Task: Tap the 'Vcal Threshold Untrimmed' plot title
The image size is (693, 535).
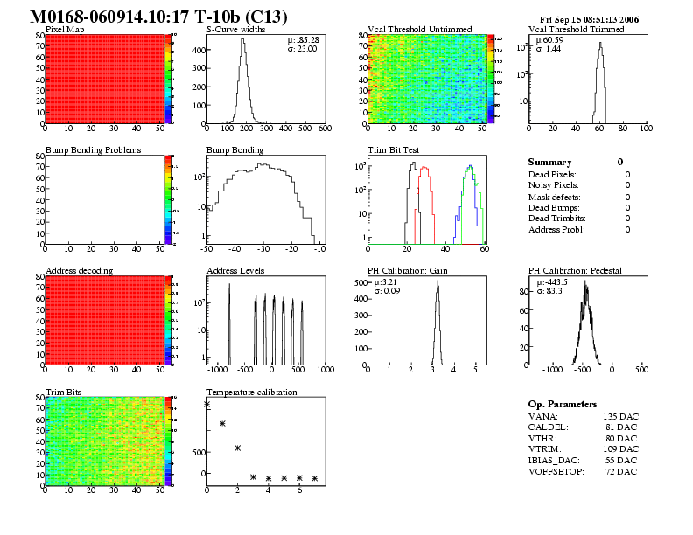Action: point(410,30)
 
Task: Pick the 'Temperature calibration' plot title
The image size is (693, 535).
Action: point(251,393)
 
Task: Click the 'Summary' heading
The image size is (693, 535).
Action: point(549,163)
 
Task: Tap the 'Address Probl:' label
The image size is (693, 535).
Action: point(556,229)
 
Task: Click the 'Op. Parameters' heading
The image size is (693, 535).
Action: point(563,405)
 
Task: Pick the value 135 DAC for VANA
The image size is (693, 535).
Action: point(620,417)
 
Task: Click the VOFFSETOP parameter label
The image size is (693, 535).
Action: point(556,471)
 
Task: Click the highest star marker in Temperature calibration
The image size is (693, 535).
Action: point(207,404)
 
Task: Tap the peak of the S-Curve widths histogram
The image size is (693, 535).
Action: point(243,40)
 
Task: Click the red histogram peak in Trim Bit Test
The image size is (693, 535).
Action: point(424,168)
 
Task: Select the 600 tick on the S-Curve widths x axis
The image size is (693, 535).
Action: point(324,129)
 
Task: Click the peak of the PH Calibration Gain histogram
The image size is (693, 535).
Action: point(437,281)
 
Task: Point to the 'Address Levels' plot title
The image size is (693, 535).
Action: point(235,271)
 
